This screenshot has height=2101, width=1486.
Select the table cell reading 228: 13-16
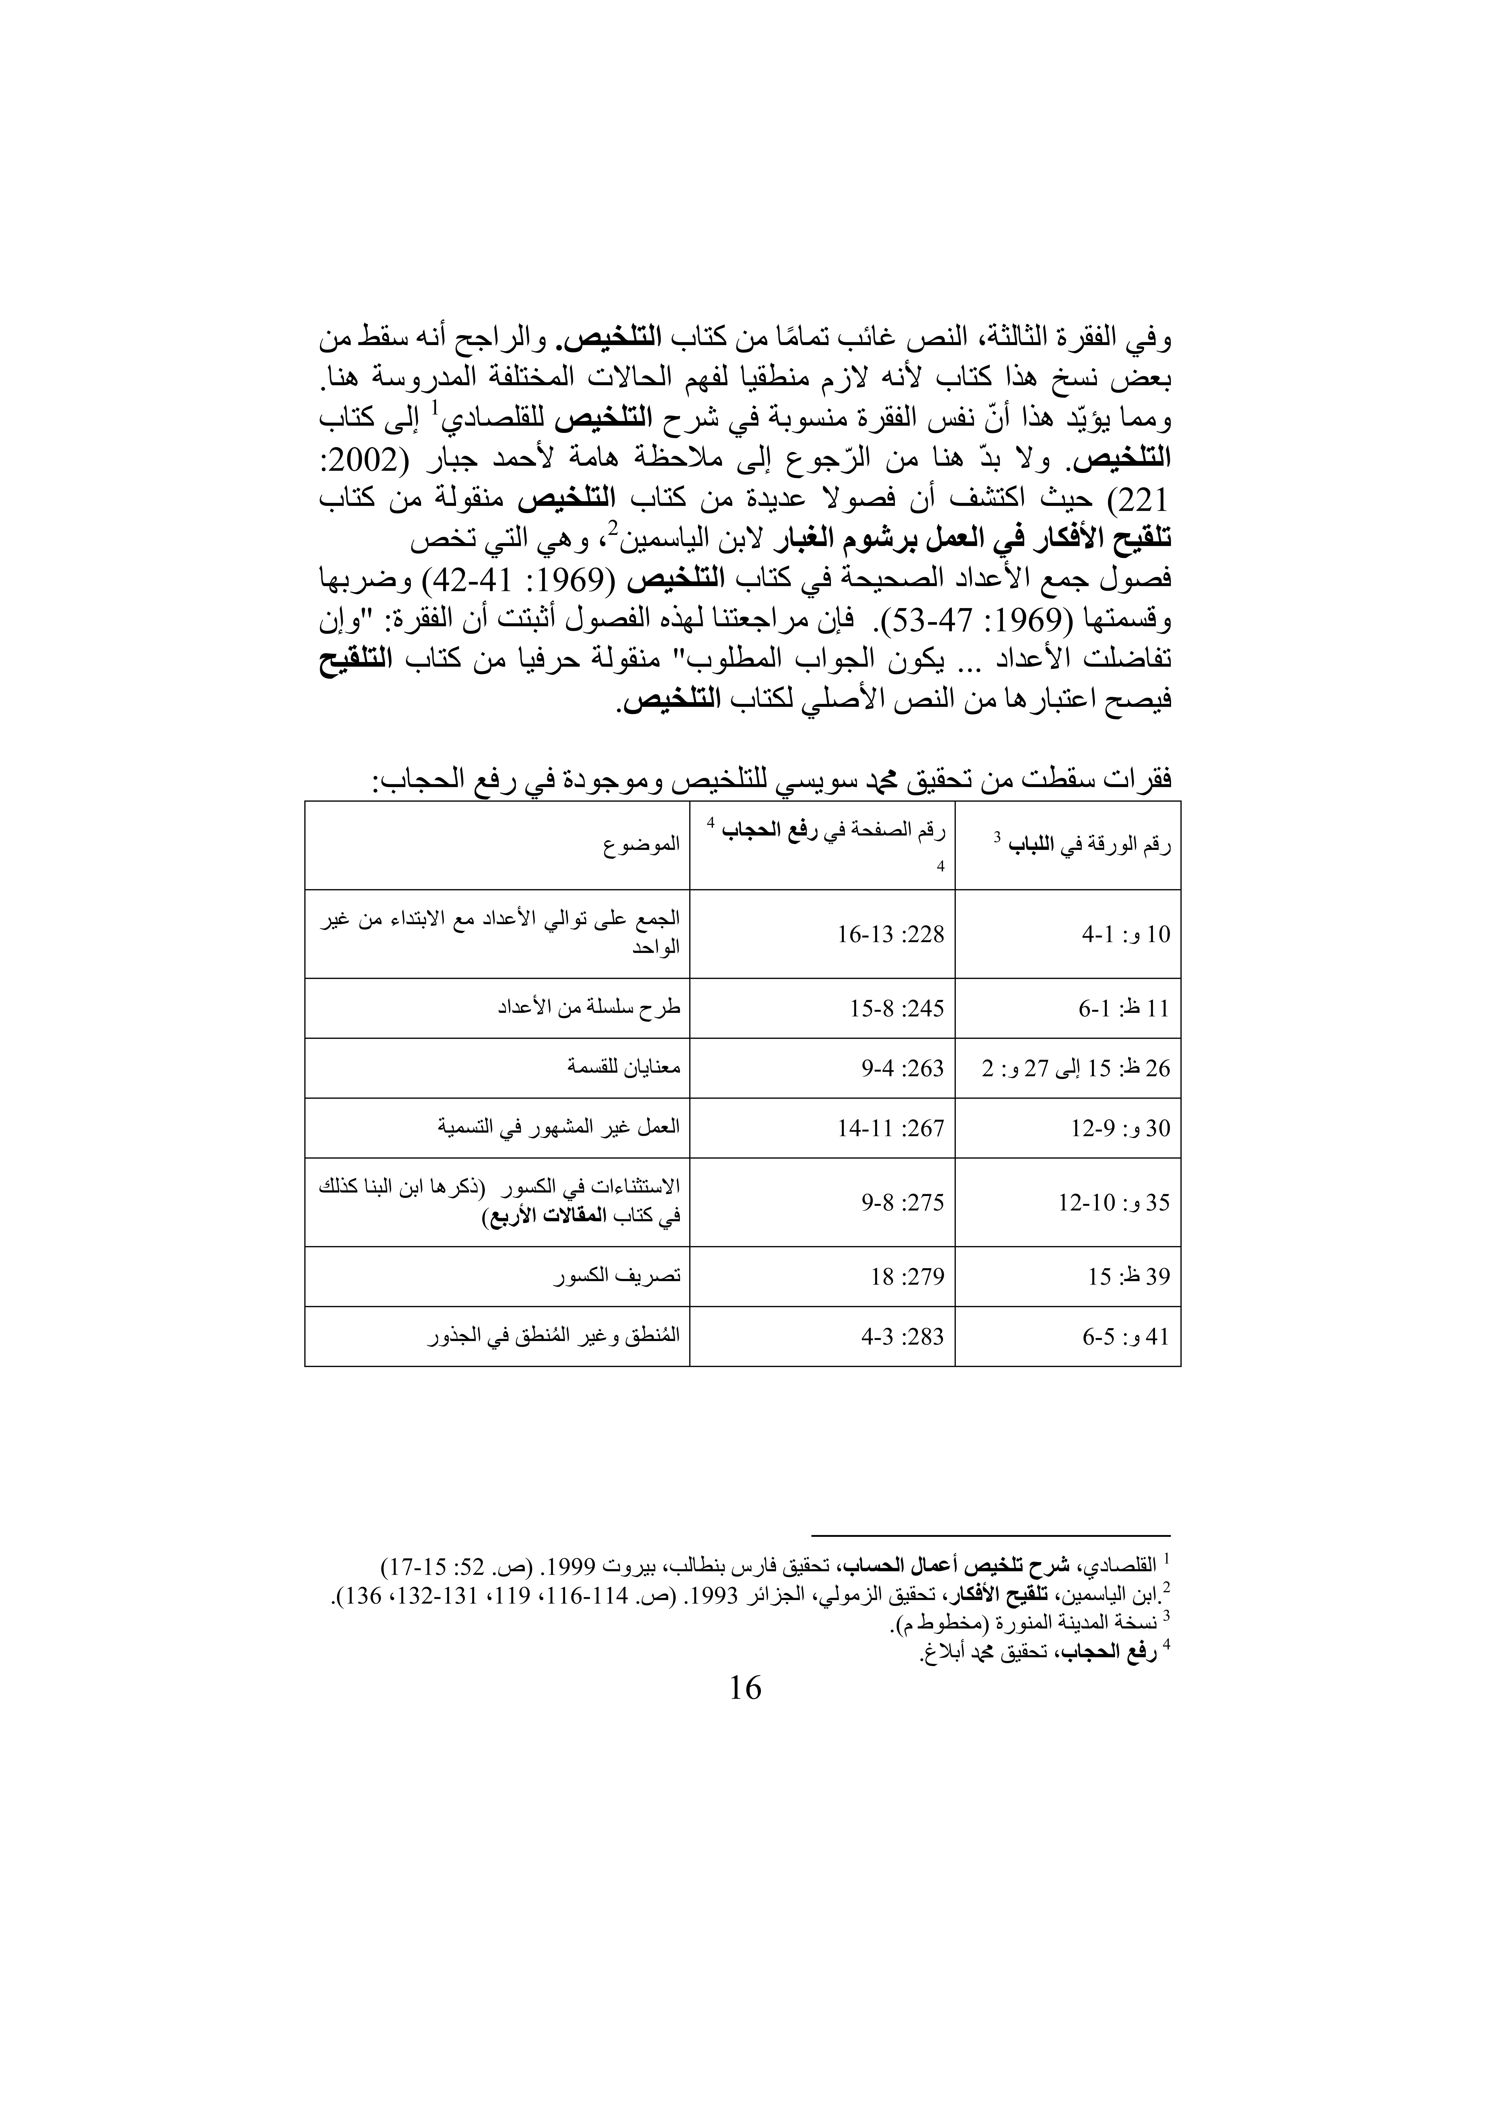click(890, 934)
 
